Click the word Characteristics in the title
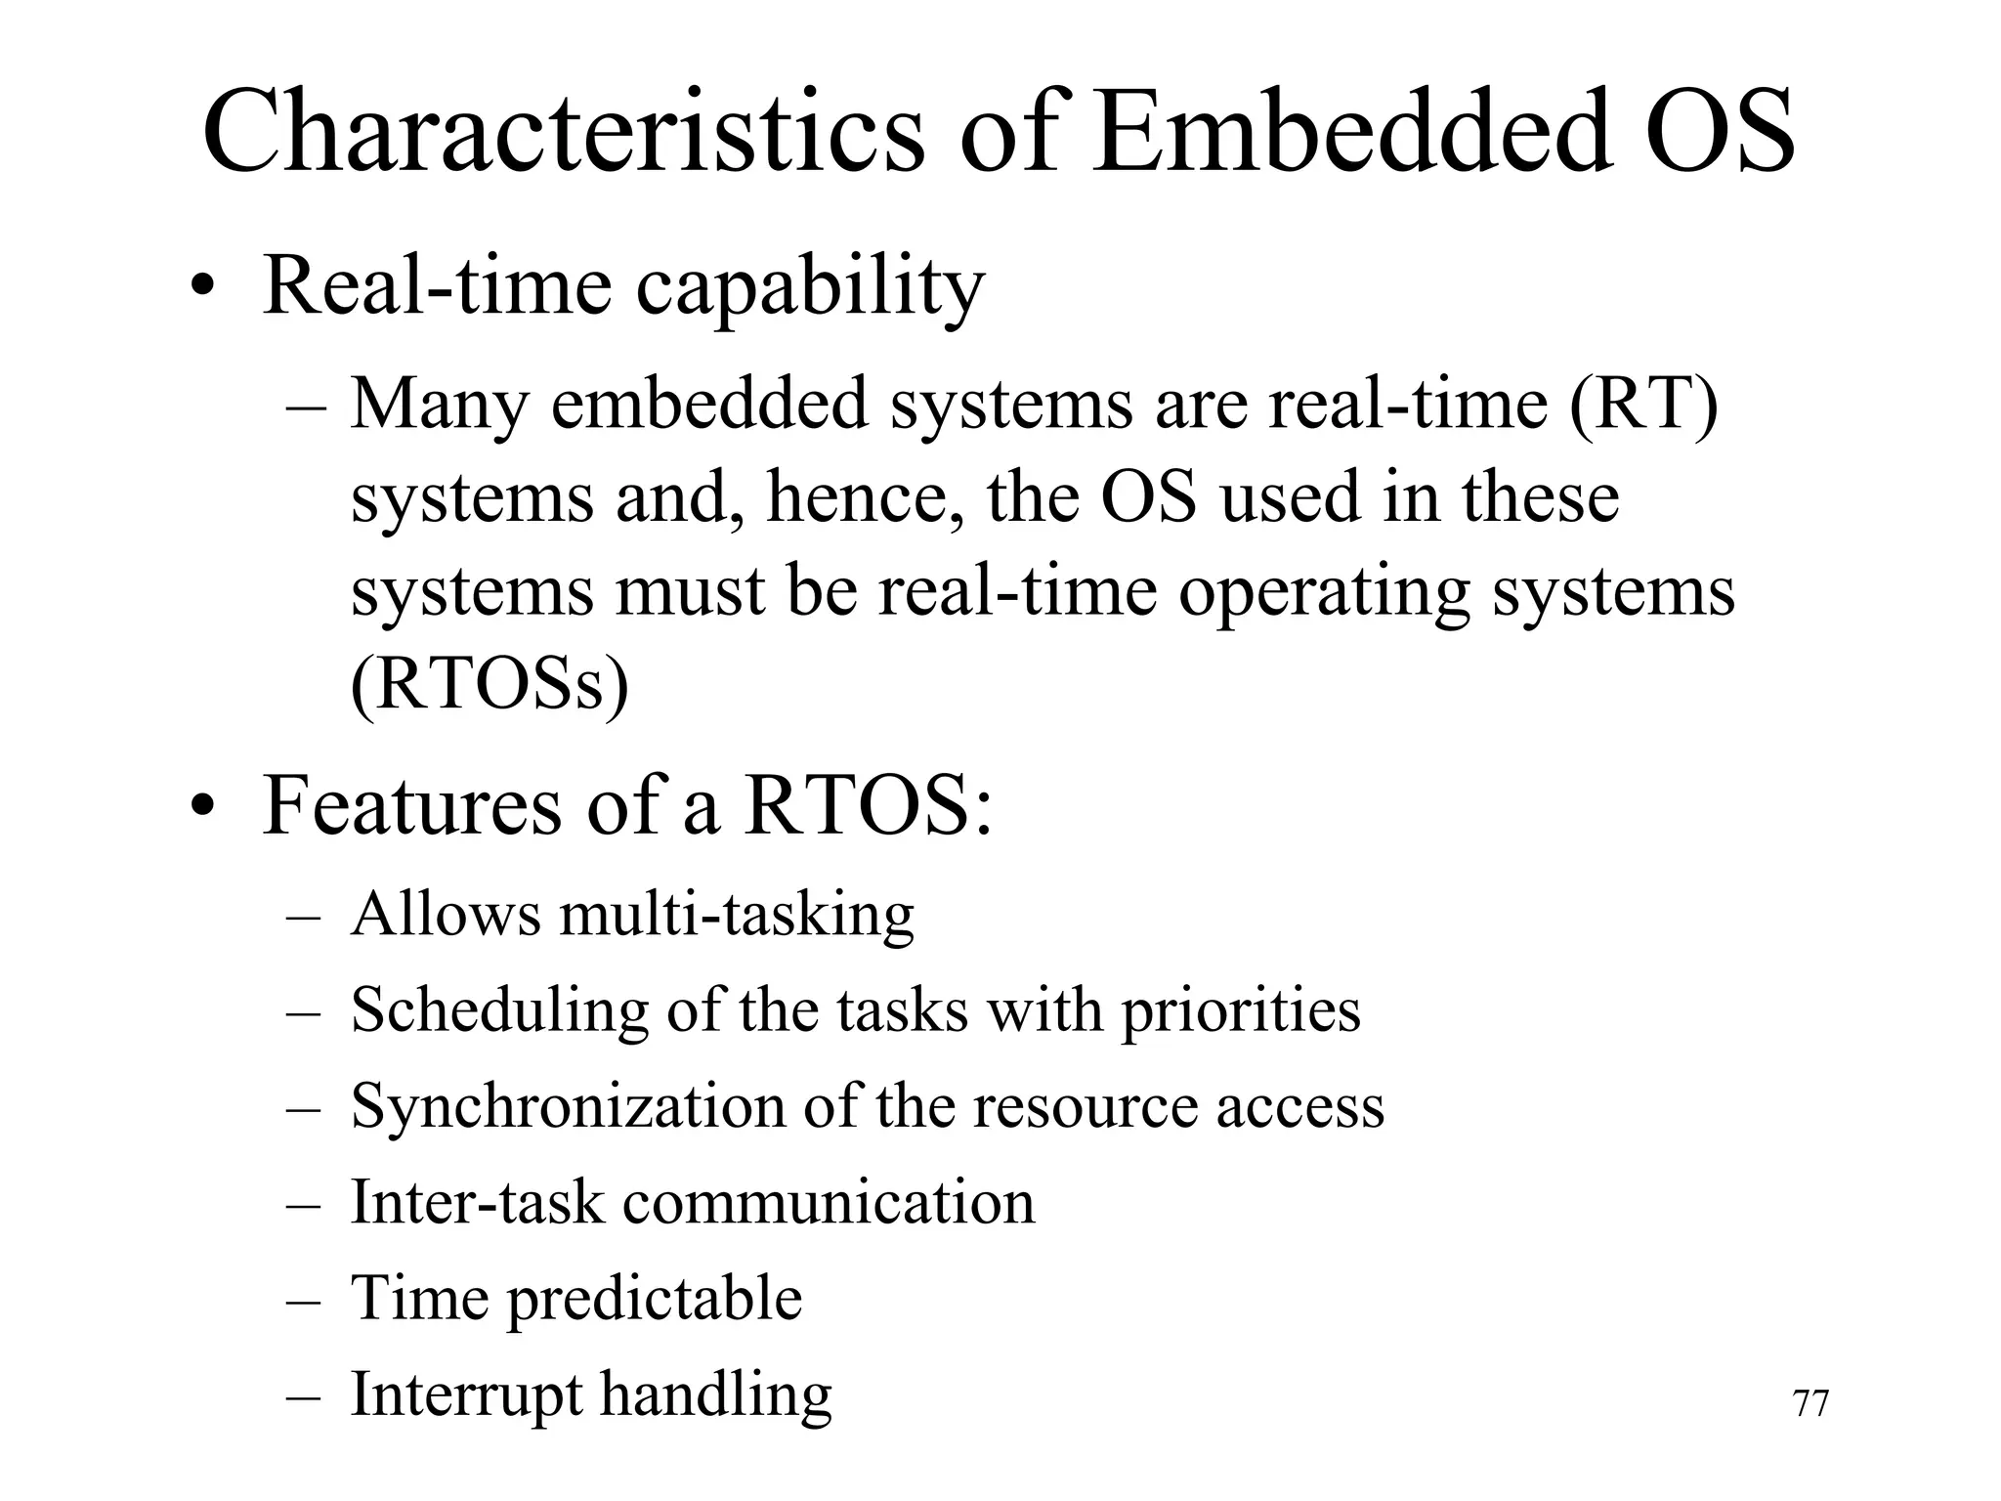click(562, 132)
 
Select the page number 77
click(1810, 1404)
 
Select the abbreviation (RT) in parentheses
click(1643, 403)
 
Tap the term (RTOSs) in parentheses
click(489, 684)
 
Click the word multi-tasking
click(737, 916)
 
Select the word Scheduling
click(499, 1010)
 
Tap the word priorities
click(1240, 1010)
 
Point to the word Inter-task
click(477, 1201)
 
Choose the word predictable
click(654, 1299)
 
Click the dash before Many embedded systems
click(306, 407)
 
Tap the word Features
click(411, 806)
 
